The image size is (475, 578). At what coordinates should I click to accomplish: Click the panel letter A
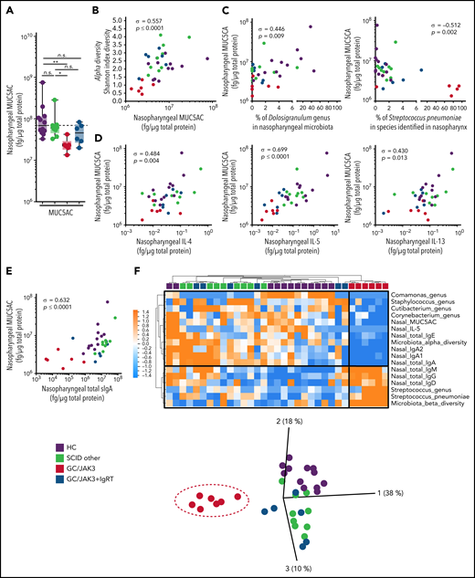7,7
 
